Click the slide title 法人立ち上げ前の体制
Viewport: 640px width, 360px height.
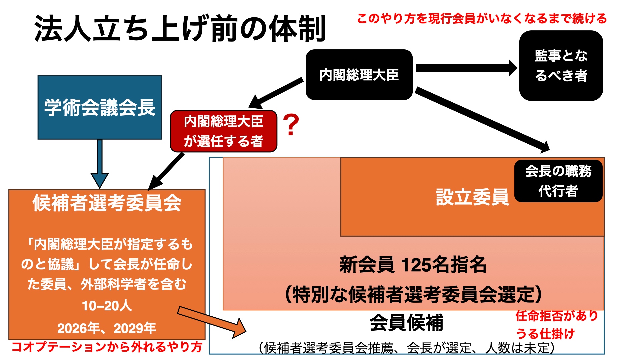(x=180, y=29)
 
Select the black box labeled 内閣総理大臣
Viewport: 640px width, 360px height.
(x=359, y=75)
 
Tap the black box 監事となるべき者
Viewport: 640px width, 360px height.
(x=561, y=66)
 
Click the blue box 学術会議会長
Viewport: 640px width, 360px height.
(x=100, y=107)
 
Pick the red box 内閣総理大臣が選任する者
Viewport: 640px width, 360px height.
(x=224, y=131)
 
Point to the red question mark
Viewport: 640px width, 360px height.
(x=291, y=125)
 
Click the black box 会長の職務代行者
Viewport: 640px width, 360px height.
(x=558, y=181)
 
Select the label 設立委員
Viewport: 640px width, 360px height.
(x=472, y=197)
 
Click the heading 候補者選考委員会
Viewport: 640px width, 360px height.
(x=107, y=203)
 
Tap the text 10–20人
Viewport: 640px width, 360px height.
(x=107, y=306)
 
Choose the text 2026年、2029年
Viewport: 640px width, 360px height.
(x=107, y=328)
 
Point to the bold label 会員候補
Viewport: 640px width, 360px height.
(x=407, y=323)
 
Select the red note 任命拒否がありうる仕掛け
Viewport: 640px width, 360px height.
(x=557, y=325)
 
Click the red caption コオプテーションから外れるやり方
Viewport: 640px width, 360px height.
(x=107, y=347)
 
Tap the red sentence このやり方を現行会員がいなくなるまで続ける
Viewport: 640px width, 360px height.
(x=482, y=19)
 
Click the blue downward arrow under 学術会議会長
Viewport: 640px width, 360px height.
(x=99, y=163)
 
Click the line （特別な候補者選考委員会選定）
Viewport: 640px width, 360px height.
(x=413, y=295)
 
